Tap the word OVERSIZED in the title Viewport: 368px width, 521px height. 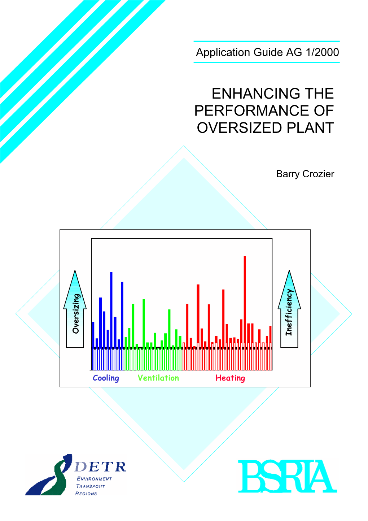click(239, 128)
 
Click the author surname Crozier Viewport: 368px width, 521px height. click(318, 174)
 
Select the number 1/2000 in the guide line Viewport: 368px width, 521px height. click(323, 52)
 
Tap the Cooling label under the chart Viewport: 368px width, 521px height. click(106, 378)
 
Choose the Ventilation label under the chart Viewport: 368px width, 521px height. click(158, 378)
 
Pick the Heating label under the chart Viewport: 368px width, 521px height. click(230, 378)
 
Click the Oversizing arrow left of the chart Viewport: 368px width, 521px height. click(75, 309)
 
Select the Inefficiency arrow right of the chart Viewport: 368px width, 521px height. click(289, 309)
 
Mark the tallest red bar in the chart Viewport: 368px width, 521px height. click(245, 302)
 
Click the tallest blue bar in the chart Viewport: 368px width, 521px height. click(111, 310)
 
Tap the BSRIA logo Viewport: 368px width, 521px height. click(287, 476)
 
